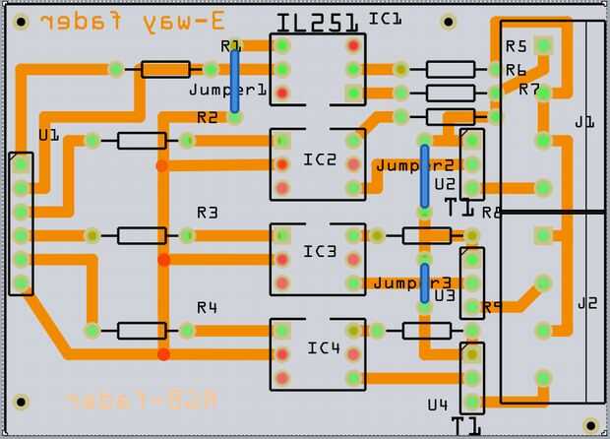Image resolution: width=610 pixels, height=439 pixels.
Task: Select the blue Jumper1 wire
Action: coord(235,81)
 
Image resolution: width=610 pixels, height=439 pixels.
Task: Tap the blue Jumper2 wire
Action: coord(424,175)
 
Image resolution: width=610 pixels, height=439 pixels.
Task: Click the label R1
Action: coord(231,45)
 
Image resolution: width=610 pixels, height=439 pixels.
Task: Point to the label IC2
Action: coord(320,159)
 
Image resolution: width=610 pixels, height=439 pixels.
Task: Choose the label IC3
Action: coord(320,252)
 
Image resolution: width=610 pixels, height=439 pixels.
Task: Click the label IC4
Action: coord(323,347)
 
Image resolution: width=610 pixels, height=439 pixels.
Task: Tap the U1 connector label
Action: coord(48,133)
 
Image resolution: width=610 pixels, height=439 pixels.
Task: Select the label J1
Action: coord(584,122)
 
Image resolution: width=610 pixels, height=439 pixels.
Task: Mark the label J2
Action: coord(586,302)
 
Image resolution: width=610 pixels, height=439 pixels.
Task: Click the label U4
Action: coord(438,405)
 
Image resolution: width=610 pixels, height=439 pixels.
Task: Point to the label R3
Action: coord(207,212)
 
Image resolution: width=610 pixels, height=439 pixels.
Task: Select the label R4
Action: coord(207,307)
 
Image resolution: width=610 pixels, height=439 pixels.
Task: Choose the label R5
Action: coord(517,45)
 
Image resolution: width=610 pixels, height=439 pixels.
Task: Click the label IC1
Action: coord(385,18)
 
